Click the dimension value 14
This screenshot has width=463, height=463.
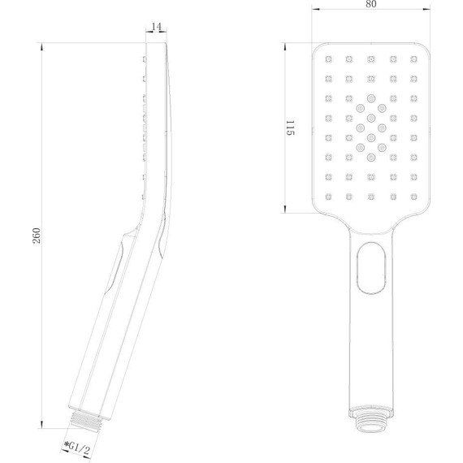157,27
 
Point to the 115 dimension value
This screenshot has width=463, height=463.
288,128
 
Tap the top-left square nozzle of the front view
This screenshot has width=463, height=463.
330,58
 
